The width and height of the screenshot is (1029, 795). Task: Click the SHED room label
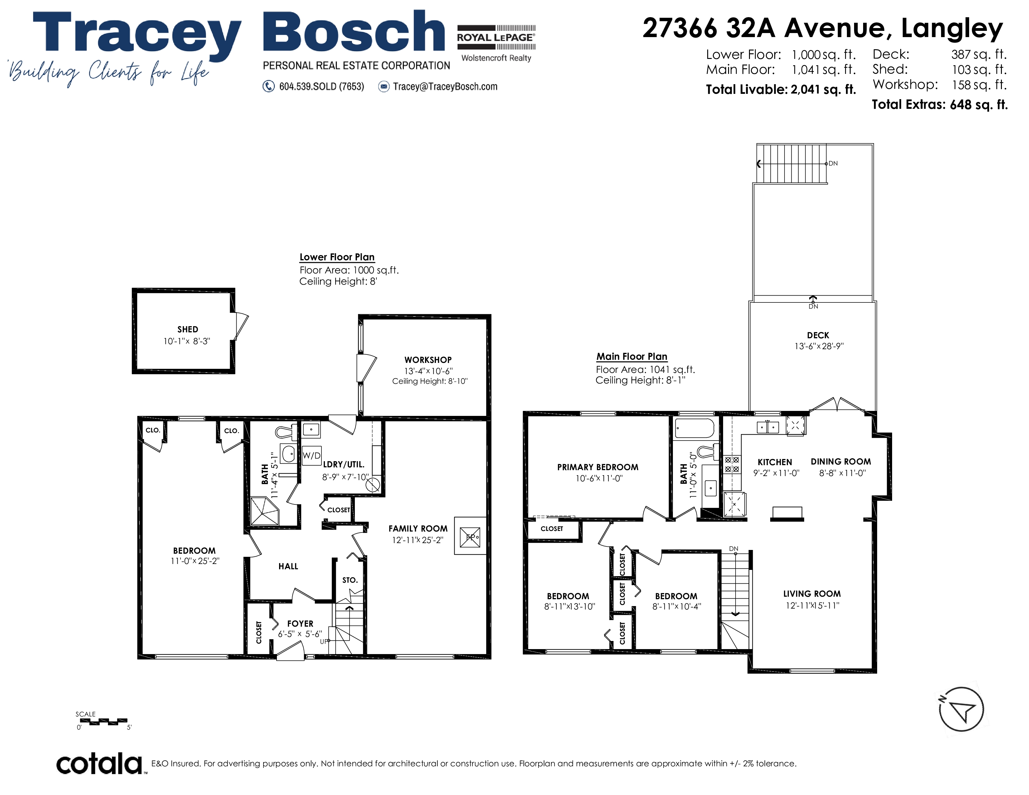(x=187, y=329)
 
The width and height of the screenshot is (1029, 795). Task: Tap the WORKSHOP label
(x=428, y=360)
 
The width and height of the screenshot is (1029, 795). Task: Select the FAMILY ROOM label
(x=418, y=528)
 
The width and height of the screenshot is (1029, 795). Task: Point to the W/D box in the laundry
(x=312, y=455)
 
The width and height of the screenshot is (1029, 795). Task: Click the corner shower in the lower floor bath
(x=265, y=511)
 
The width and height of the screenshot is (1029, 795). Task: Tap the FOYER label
(x=300, y=624)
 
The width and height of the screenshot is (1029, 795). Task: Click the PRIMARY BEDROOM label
(x=598, y=467)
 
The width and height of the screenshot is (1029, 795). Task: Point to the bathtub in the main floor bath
(x=694, y=429)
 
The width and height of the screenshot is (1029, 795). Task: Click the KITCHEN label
(x=775, y=462)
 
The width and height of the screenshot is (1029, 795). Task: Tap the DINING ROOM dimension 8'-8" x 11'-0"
(x=843, y=473)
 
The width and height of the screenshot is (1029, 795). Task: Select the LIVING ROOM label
(x=812, y=594)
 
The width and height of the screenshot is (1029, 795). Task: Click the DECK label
(x=818, y=335)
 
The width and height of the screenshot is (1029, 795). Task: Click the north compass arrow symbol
(x=961, y=709)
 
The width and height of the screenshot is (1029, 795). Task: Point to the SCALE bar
(x=103, y=721)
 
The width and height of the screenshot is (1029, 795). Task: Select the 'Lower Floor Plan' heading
(x=337, y=257)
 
